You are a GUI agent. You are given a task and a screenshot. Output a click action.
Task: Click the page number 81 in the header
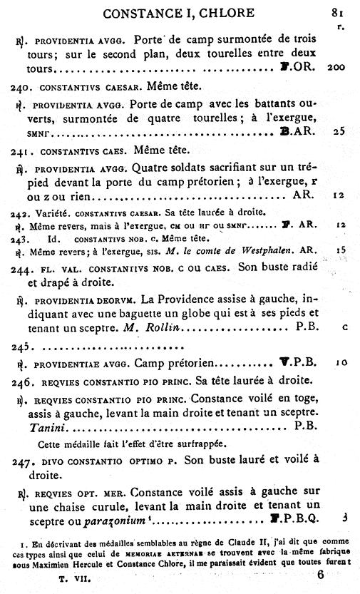[x=338, y=12]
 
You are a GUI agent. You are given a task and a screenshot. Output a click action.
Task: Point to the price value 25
[x=339, y=132]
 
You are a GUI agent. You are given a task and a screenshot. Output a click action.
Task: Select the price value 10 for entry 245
[x=341, y=362]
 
